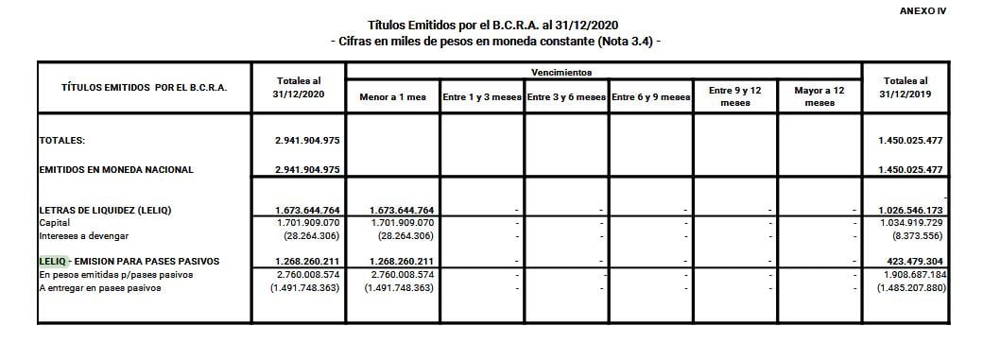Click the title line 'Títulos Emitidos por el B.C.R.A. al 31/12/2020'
(493, 24)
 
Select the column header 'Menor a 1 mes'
(392, 97)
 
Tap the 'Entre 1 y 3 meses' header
(481, 97)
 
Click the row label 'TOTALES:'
(62, 140)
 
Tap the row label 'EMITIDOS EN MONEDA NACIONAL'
(115, 170)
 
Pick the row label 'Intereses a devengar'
(83, 235)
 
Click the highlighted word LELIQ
(52, 261)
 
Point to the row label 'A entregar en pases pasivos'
(99, 287)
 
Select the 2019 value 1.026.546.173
(910, 209)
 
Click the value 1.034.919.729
(910, 222)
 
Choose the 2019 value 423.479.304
(914, 261)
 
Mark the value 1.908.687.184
(912, 274)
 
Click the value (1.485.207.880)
(910, 287)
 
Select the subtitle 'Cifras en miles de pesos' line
(493, 43)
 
